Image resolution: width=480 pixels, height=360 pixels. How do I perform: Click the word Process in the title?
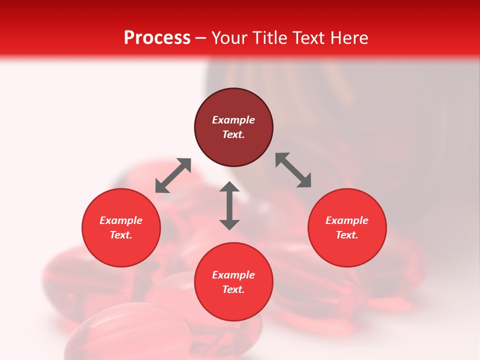click(157, 38)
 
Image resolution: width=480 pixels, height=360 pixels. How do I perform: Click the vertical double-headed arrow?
click(229, 205)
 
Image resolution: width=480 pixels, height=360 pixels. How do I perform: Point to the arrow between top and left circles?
click(173, 175)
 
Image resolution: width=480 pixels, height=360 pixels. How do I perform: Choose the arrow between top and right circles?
click(293, 170)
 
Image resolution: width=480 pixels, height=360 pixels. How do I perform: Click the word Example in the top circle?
click(233, 120)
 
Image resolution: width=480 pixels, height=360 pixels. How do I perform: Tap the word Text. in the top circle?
click(233, 134)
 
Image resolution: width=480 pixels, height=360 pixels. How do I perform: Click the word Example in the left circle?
click(121, 220)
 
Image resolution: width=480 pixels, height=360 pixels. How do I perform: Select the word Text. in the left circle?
click(121, 235)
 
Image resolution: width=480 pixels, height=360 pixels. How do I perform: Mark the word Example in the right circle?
click(347, 220)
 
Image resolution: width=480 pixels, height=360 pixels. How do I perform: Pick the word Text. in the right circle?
click(347, 235)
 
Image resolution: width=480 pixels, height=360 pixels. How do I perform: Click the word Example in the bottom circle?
click(233, 275)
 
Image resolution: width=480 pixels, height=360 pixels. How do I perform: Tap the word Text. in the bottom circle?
click(233, 289)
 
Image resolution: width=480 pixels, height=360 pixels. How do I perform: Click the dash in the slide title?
click(201, 38)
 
